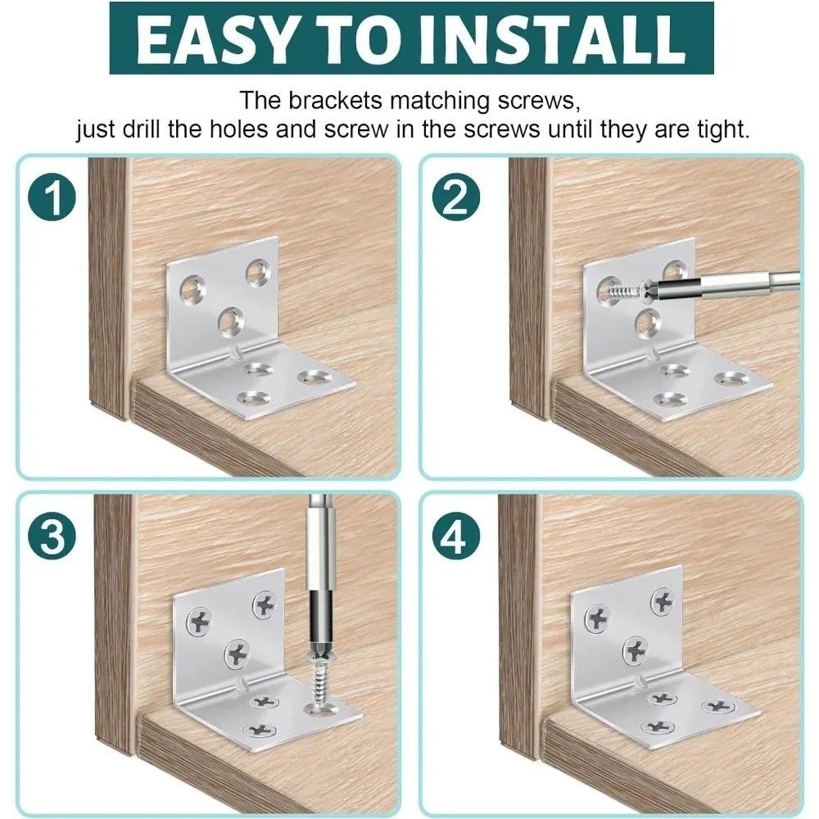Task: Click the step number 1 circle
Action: click(52, 197)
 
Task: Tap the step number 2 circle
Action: click(456, 197)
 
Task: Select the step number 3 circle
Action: click(52, 536)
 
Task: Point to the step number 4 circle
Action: click(456, 536)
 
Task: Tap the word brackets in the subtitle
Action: click(335, 100)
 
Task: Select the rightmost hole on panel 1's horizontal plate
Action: click(312, 377)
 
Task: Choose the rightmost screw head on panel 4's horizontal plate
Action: click(718, 707)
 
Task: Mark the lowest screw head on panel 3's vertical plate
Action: click(238, 654)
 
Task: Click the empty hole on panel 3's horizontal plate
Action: click(321, 709)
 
